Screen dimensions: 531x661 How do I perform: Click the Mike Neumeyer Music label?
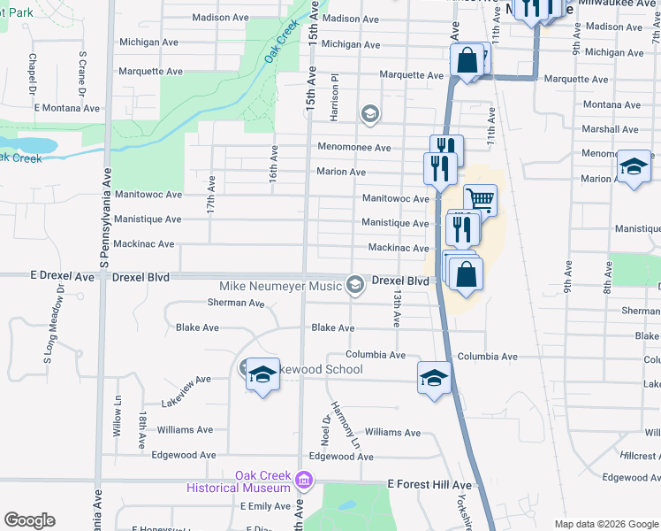281,286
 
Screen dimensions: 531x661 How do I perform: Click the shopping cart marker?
480,199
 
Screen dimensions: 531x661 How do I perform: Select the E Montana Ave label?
67,108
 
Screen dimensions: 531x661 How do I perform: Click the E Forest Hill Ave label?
429,485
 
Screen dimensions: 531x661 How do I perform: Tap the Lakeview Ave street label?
186,390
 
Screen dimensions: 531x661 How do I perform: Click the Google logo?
28,520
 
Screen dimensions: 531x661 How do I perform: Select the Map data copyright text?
605,524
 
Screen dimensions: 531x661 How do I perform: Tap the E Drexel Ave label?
61,276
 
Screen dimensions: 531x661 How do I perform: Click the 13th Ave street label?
399,305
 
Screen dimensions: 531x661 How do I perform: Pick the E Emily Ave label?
265,506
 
